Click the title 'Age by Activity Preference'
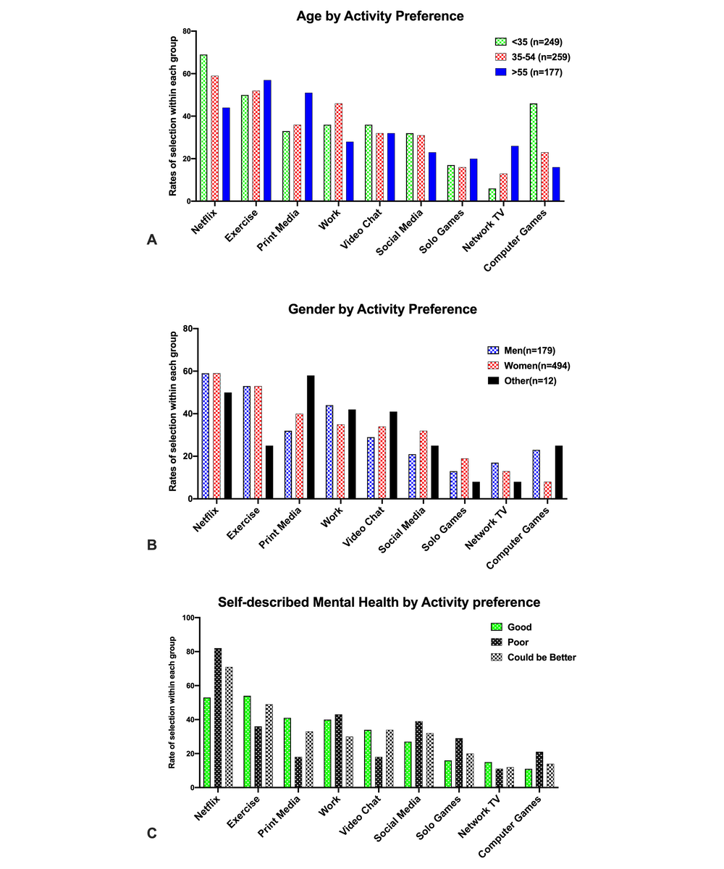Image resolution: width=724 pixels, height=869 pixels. [x=379, y=16]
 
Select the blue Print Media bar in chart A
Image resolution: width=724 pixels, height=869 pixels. [x=308, y=147]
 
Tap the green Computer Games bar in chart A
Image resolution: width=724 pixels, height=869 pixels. [x=534, y=152]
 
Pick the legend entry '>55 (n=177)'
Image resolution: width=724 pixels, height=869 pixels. [x=529, y=72]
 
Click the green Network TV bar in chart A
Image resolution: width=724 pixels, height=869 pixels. [x=492, y=195]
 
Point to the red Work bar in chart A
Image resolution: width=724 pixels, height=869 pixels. [x=338, y=152]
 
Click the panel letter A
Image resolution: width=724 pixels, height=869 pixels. [x=152, y=240]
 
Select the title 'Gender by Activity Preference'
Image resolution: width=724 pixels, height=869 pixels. [x=382, y=308]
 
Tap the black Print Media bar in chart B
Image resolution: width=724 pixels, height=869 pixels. [x=311, y=437]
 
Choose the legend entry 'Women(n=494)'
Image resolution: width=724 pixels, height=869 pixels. [x=529, y=366]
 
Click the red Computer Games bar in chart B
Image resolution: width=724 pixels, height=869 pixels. [x=547, y=490]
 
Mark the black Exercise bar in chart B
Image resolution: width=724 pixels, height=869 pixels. [x=269, y=472]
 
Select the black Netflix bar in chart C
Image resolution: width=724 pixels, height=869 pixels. [x=218, y=718]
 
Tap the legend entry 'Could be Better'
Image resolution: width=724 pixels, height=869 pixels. [x=534, y=657]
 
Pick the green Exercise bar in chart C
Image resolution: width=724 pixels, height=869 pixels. [x=247, y=742]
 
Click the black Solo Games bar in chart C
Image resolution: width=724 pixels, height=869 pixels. [x=459, y=763]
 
